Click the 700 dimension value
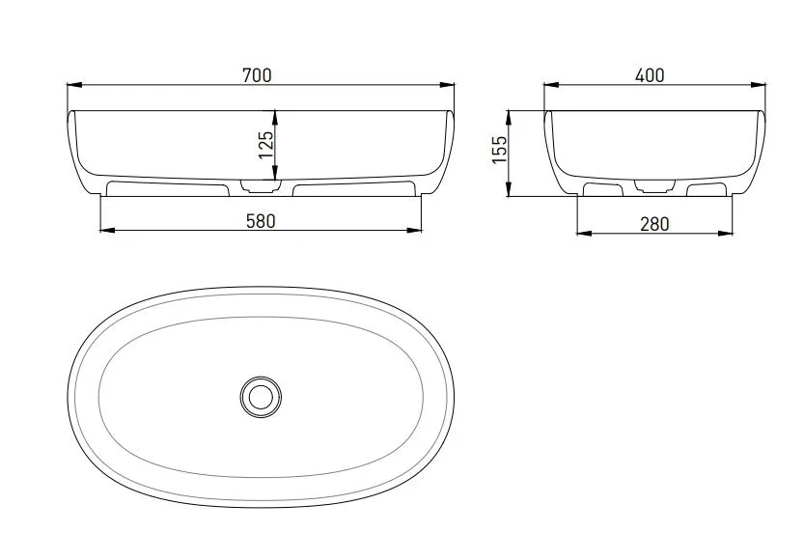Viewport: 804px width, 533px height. (x=257, y=75)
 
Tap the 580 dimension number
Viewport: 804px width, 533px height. (x=261, y=221)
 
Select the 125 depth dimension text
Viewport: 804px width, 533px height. (x=266, y=145)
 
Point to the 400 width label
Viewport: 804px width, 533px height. (x=650, y=75)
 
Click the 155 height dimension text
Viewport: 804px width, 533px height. (x=499, y=150)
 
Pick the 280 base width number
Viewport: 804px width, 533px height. (x=654, y=224)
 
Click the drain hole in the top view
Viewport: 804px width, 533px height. (x=261, y=397)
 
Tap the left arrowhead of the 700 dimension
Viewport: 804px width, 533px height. (x=75, y=85)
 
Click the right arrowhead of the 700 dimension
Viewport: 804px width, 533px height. (x=447, y=85)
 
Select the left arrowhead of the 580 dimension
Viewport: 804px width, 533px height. (x=108, y=231)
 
